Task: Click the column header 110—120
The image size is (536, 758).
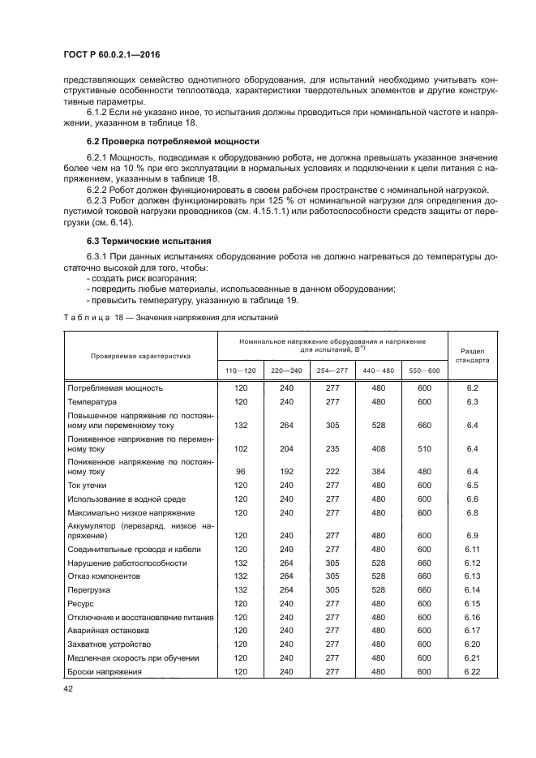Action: (x=240, y=370)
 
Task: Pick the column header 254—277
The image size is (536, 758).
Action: (x=332, y=370)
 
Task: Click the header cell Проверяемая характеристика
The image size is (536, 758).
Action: (x=141, y=354)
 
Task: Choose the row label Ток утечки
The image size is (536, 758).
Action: (x=88, y=485)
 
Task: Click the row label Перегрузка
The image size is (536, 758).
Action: (x=89, y=590)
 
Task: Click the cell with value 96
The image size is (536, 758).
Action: (x=240, y=471)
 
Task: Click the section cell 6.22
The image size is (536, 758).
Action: (x=473, y=671)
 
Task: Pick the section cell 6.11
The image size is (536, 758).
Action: (x=473, y=549)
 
